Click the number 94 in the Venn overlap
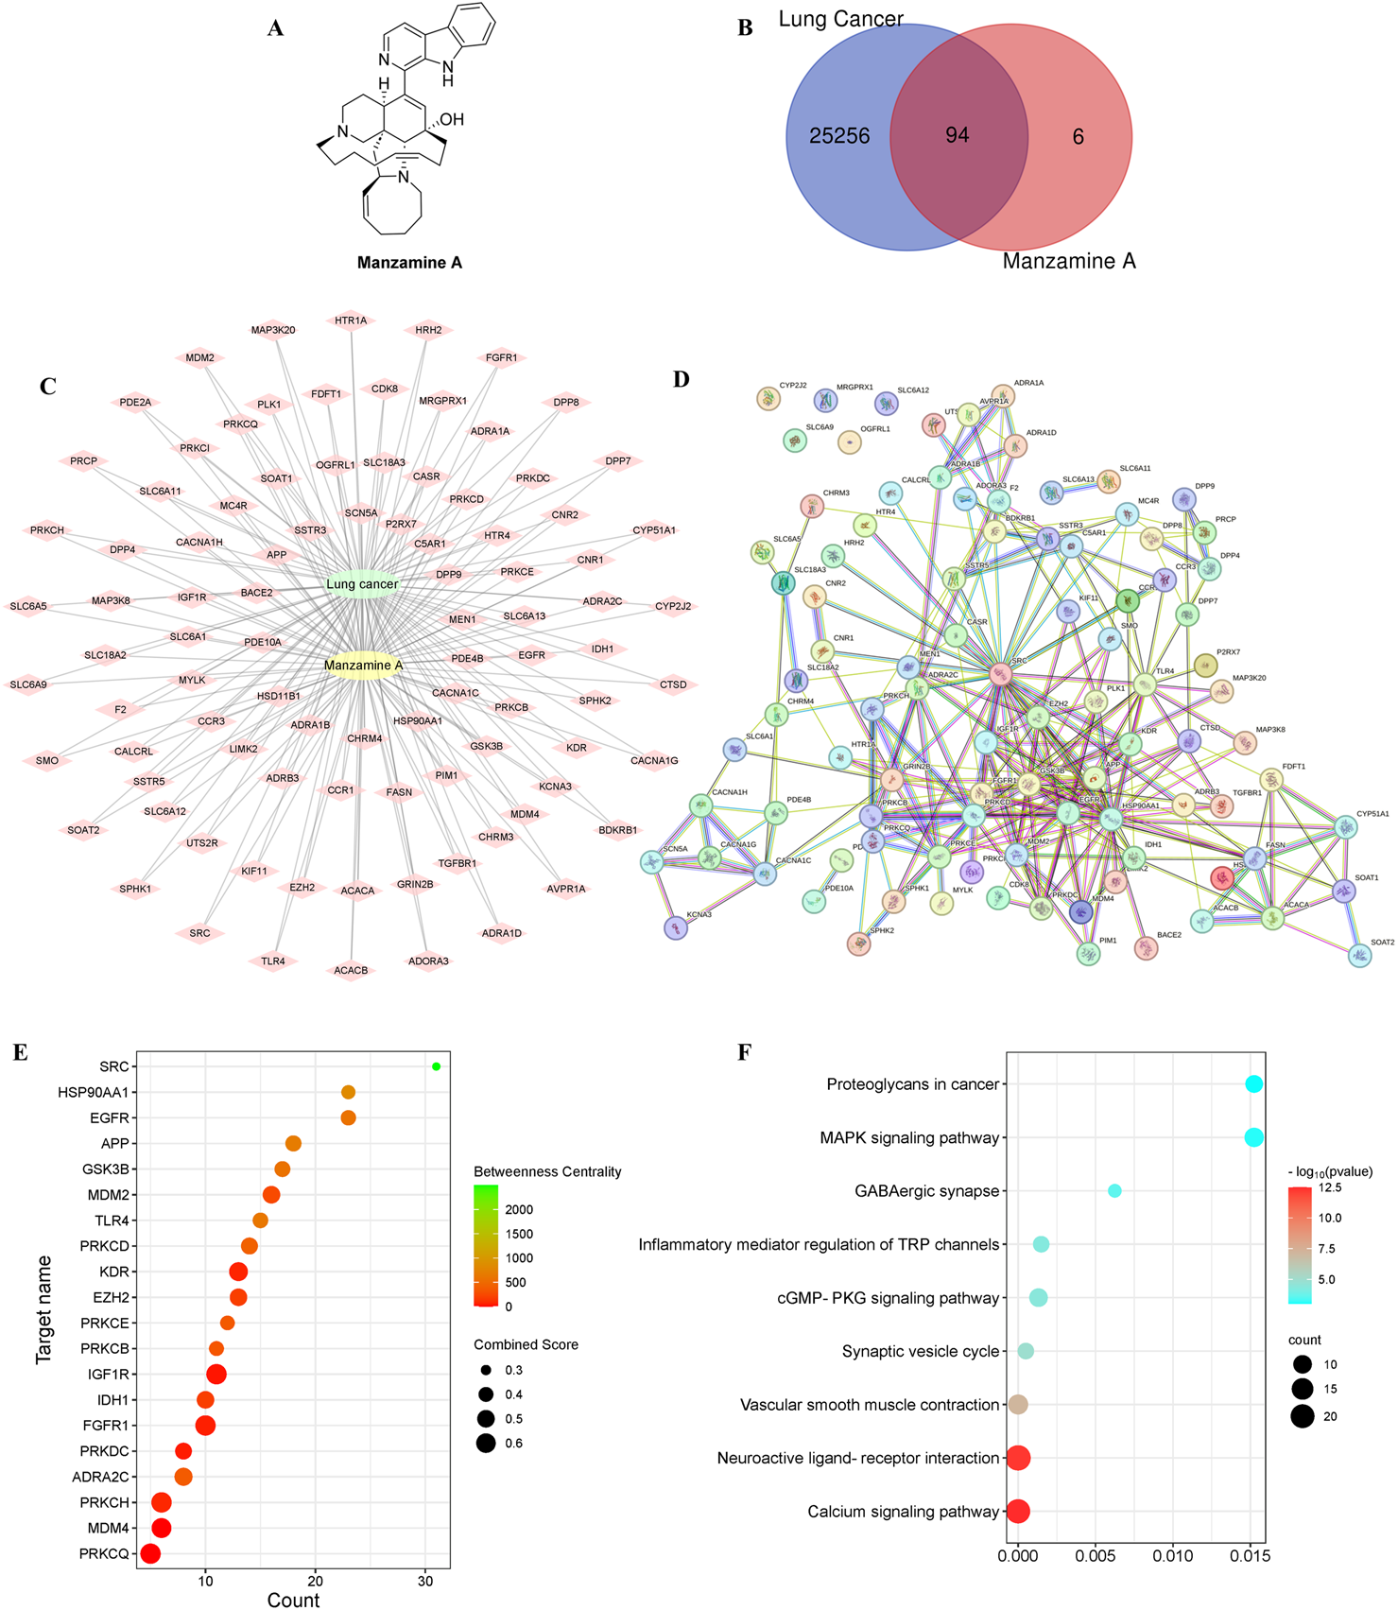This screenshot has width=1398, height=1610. (957, 135)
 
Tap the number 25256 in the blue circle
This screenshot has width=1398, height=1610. (838, 136)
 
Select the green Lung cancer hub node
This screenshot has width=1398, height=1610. (362, 584)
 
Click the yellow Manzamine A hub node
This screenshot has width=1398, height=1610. (363, 666)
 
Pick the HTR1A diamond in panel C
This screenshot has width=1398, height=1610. (351, 321)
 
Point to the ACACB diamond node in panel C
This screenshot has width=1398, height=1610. (351, 970)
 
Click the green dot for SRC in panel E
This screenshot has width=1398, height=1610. (436, 1066)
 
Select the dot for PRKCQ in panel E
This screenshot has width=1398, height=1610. (150, 1553)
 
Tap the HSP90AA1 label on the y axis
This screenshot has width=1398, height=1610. (93, 1092)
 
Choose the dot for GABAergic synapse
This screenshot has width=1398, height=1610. (1114, 1191)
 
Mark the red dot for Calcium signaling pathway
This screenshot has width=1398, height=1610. (1018, 1512)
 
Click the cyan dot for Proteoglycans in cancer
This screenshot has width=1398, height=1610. (1253, 1084)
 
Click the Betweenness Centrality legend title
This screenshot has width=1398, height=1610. (547, 1171)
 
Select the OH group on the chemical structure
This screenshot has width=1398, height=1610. (452, 119)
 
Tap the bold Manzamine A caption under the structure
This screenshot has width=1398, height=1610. (409, 263)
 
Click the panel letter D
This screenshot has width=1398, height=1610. (682, 379)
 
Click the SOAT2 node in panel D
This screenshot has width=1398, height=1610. (1359, 956)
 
